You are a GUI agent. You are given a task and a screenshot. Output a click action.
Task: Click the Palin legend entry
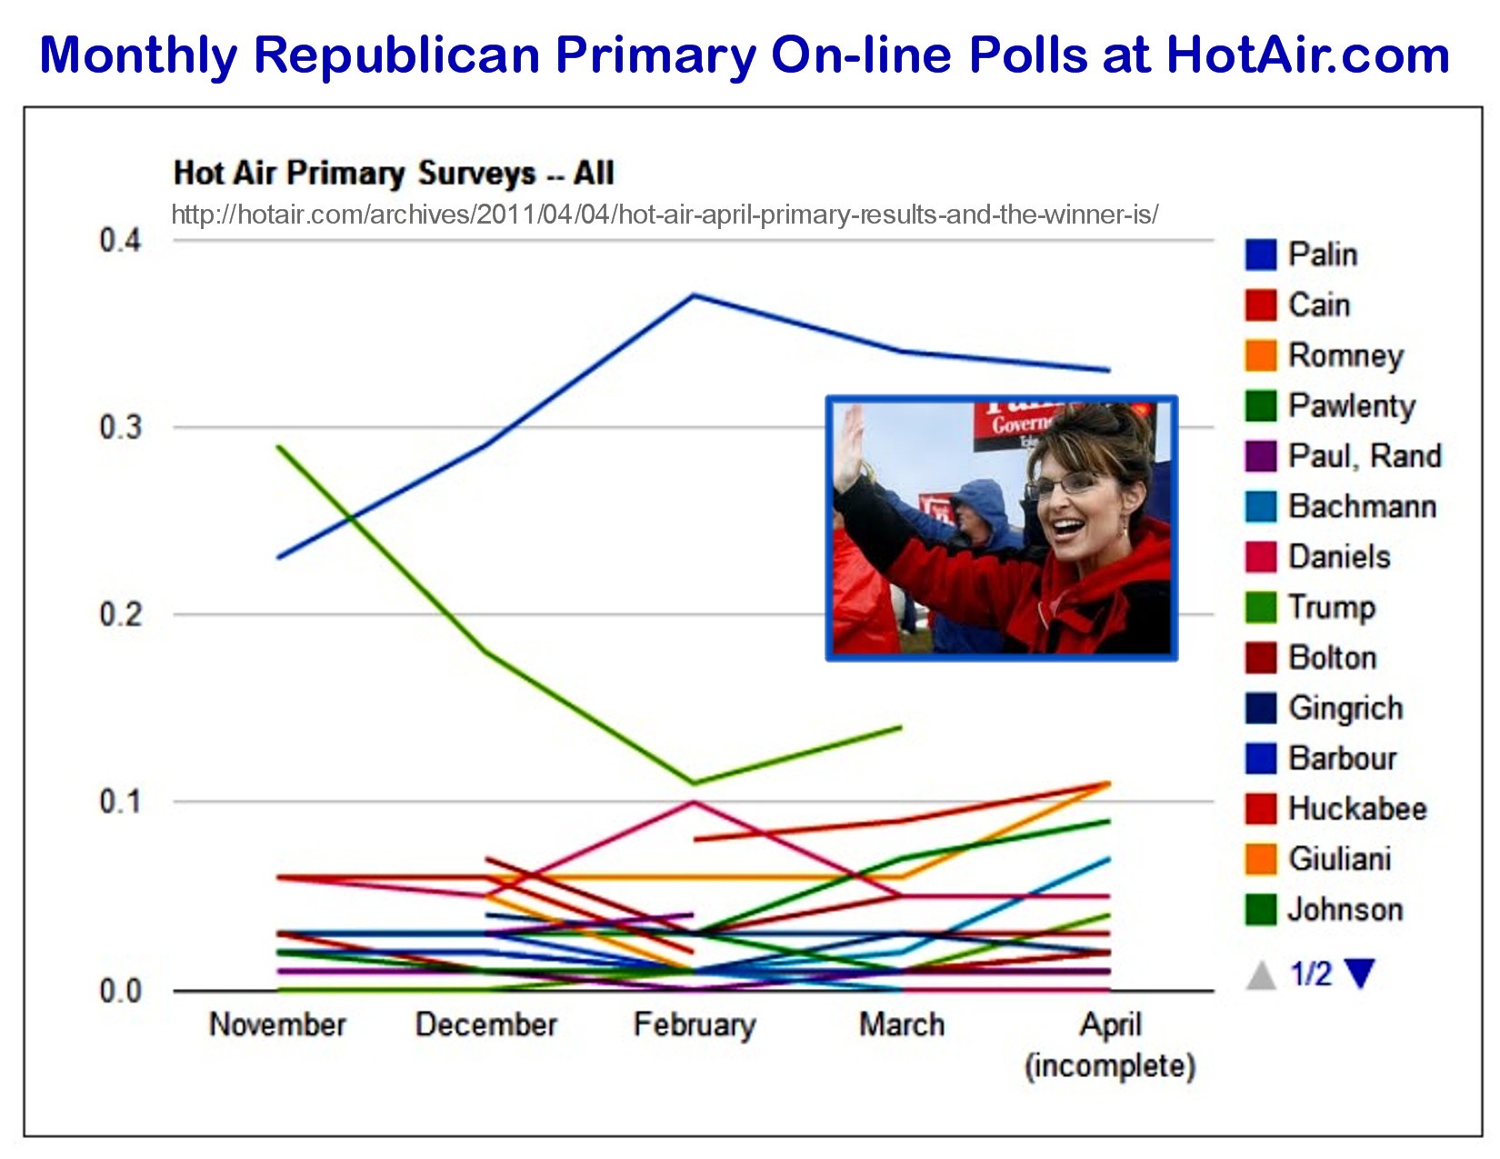1323,255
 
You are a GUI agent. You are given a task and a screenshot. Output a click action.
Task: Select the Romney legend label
1345,355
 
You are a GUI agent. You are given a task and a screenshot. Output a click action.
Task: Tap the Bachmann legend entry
1362,506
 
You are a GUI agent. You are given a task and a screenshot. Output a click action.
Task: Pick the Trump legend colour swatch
1261,607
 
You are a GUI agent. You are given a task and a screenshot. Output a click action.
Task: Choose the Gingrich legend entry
1345,708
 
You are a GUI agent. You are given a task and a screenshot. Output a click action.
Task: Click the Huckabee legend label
1357,808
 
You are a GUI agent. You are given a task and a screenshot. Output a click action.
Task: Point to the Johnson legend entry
1345,909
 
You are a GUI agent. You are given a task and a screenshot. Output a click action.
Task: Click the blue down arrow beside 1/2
1360,974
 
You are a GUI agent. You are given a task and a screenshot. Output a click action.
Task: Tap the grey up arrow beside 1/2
1261,975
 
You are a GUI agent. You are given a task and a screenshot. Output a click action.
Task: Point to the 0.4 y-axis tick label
121,241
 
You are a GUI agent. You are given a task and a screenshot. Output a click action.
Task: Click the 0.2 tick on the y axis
121,614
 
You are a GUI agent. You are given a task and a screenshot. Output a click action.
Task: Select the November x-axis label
277,1024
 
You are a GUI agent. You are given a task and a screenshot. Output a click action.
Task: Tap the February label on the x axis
695,1024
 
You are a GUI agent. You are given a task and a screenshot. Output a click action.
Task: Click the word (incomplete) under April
1109,1065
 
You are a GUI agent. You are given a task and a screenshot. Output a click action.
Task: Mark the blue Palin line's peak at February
695,295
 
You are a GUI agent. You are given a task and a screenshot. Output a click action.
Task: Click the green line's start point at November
278,446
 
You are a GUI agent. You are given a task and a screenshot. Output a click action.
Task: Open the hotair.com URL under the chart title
665,215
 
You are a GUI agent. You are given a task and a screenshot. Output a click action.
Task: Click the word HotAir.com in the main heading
1307,55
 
